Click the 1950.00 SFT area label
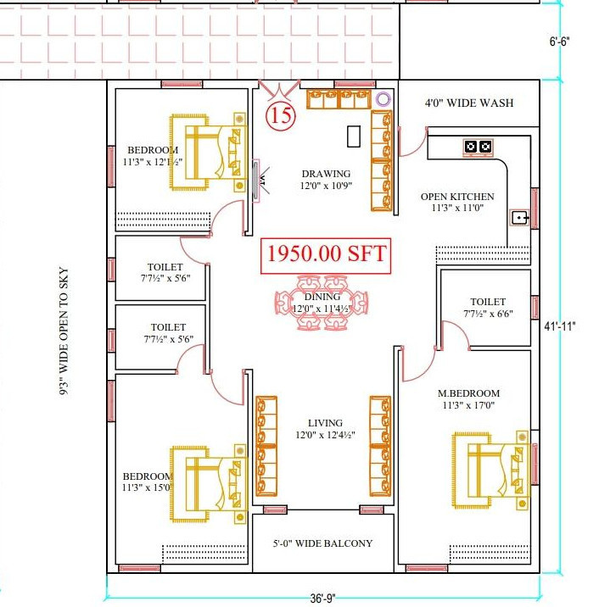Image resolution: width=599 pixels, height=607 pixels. point(327,253)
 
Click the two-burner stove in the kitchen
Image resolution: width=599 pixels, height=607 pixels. point(478,147)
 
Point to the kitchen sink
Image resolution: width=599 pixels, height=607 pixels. point(519,217)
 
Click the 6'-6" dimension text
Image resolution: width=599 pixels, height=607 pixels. point(562,41)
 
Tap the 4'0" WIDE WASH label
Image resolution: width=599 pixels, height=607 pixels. point(469,103)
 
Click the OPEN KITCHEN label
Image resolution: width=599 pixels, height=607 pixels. point(457,197)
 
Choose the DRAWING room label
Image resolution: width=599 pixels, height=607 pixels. point(325,174)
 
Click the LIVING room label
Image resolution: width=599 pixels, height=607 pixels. point(325,423)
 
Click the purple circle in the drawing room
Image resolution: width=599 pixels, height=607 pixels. point(383,99)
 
